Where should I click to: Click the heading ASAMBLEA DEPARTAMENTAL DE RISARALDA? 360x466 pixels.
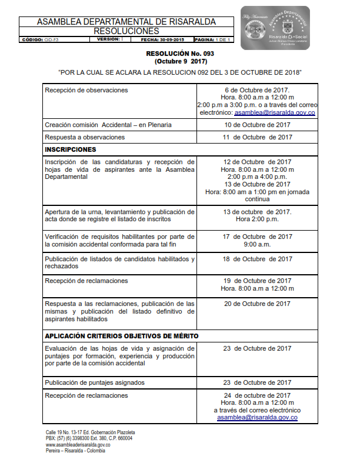pos(126,22)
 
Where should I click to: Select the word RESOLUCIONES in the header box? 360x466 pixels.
pos(126,31)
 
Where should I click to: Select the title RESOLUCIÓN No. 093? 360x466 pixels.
pos(180,54)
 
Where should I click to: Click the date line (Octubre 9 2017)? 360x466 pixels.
pos(180,61)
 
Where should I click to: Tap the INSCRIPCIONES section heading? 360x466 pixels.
pos(70,149)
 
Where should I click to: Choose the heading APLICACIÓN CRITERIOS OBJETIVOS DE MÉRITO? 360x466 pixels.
pos(122,336)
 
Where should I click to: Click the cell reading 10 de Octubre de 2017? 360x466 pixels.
pos(257,125)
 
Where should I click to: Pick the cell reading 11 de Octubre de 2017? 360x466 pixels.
pos(257,137)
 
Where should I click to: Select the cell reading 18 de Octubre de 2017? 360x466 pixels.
pos(257,259)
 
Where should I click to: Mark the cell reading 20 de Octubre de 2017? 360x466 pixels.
pos(257,304)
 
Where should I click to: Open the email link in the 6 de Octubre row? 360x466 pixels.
pos(275,112)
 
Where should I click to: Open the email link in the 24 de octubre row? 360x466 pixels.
pos(257,417)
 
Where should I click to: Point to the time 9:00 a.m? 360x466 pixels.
pos(257,244)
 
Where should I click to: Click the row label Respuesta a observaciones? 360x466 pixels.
pos(85,137)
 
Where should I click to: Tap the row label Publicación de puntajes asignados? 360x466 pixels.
pos(94,382)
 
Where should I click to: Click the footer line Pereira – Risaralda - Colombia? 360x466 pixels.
pos(76,451)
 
